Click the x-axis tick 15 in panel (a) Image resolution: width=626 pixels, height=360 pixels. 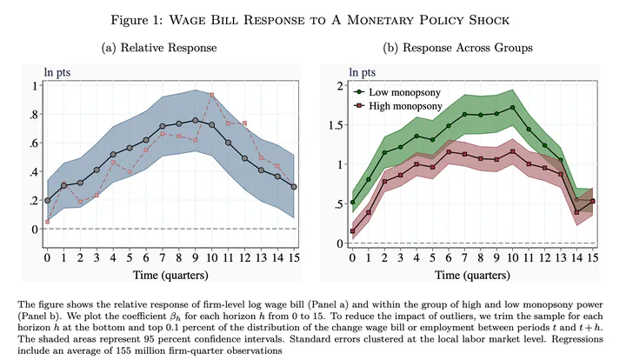(x=295, y=258)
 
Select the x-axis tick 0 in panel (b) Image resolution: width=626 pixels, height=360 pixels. (x=353, y=258)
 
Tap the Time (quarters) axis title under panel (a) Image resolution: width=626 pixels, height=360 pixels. (x=170, y=277)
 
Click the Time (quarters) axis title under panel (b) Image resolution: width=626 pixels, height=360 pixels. (x=473, y=277)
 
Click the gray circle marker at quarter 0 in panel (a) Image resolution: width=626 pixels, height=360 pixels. (x=47, y=200)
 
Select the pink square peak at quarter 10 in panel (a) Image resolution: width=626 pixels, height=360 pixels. (x=212, y=95)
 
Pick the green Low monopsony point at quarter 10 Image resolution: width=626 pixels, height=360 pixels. (x=514, y=108)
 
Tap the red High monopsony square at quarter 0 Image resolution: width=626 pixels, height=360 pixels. (x=353, y=231)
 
